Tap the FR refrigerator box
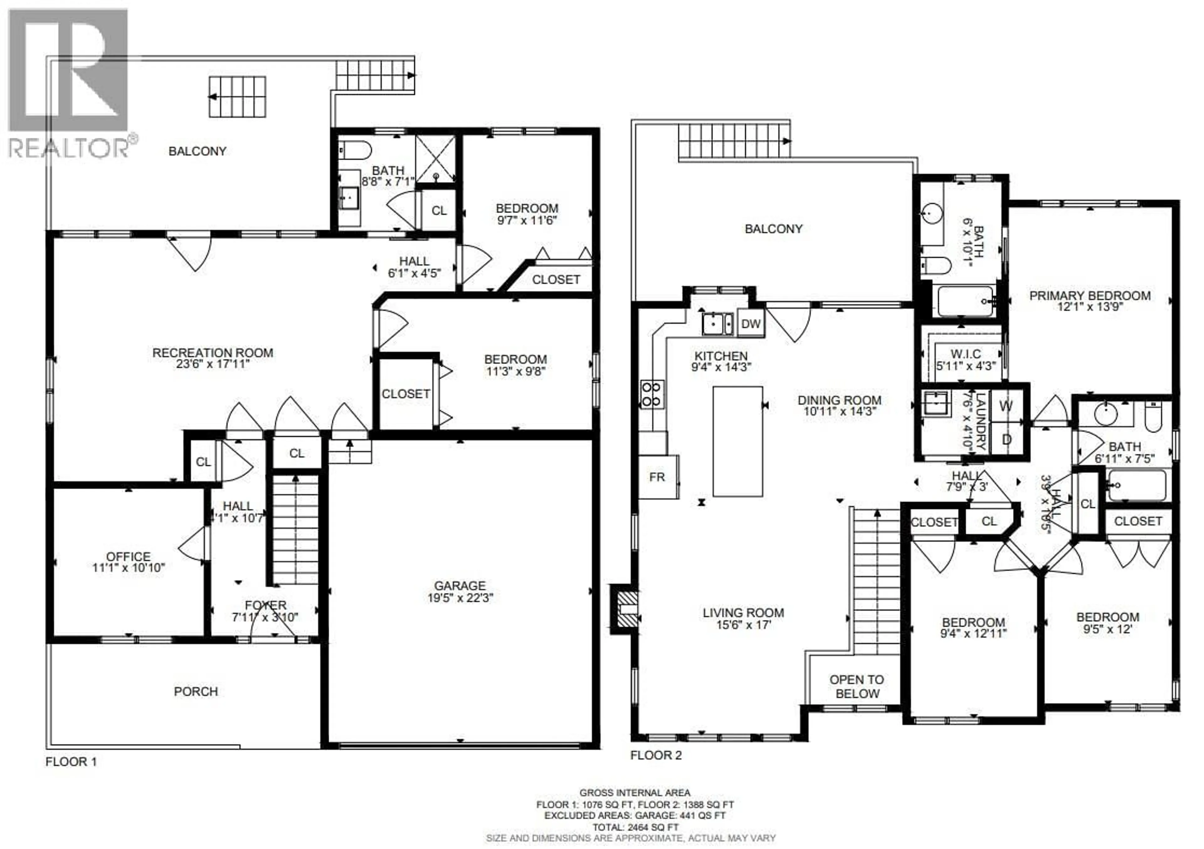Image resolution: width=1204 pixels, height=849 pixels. [657, 477]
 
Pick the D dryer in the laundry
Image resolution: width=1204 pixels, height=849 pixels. [1006, 439]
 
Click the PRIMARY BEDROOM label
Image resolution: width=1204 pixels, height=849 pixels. [1090, 296]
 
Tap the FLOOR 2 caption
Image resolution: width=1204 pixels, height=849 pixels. [656, 755]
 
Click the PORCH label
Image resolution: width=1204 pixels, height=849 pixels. [196, 691]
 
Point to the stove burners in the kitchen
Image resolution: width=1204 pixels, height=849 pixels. [651, 393]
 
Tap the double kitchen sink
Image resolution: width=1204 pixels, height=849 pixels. [717, 323]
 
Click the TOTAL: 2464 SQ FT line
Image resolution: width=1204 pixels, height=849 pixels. [635, 827]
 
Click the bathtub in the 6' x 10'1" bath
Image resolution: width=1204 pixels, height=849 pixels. [965, 301]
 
